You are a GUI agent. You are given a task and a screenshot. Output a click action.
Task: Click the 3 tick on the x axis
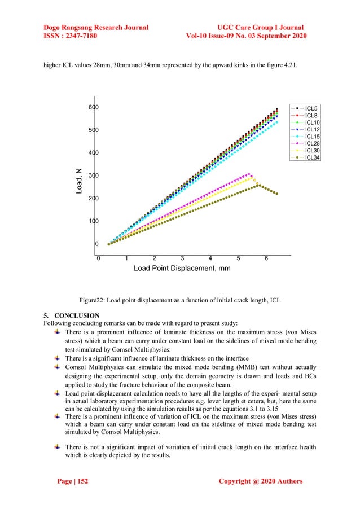coord(182,259)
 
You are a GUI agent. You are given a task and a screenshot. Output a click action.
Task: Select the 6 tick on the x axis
coord(266,259)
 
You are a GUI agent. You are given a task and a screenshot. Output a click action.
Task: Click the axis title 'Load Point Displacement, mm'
coord(182,269)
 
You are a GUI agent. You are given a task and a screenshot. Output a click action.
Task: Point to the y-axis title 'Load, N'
coord(80,182)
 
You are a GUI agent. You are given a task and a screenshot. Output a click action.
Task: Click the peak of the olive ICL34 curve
coord(258,185)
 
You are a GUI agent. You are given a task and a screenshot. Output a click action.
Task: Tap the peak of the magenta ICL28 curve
coord(249,174)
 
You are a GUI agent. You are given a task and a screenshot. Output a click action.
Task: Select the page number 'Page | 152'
coord(73,481)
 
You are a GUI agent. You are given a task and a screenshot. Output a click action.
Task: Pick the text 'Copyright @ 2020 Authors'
coord(260,481)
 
